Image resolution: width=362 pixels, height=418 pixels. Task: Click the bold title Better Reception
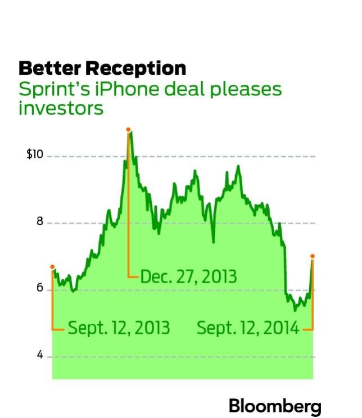pyautogui.click(x=102, y=69)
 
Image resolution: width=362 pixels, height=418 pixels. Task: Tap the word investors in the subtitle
pyautogui.click(x=61, y=108)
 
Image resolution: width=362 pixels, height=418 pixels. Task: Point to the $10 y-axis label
pyautogui.click(x=34, y=155)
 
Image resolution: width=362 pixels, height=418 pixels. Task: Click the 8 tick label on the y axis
pyautogui.click(x=40, y=222)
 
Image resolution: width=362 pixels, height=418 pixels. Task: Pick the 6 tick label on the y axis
pyautogui.click(x=40, y=288)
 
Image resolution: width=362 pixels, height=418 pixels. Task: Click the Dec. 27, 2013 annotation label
pyautogui.click(x=188, y=277)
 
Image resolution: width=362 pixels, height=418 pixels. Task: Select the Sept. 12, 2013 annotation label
pyautogui.click(x=119, y=328)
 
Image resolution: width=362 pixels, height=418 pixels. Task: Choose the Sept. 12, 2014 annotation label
pyautogui.click(x=248, y=328)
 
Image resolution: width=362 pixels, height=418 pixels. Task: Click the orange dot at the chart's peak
pyautogui.click(x=129, y=130)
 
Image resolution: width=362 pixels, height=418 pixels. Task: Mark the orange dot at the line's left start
pyautogui.click(x=52, y=267)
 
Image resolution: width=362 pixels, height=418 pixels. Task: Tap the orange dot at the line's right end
pyautogui.click(x=313, y=256)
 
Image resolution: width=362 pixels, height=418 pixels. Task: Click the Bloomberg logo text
pyautogui.click(x=274, y=405)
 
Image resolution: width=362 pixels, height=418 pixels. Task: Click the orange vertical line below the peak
pyautogui.click(x=129, y=225)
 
